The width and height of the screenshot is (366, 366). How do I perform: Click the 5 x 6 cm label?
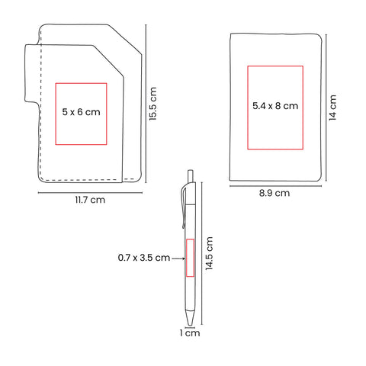(81, 112)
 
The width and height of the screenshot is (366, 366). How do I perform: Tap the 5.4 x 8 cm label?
(275, 106)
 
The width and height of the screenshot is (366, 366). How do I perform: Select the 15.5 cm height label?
(153, 104)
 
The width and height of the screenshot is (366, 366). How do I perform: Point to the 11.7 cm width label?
(90, 200)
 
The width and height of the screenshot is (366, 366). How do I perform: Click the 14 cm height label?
(332, 108)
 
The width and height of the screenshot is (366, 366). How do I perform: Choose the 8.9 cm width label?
(274, 193)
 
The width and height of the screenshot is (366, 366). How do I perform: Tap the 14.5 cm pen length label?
(209, 253)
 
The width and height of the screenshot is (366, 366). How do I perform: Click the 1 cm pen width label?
(190, 333)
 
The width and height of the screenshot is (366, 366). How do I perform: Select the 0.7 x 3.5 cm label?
(144, 258)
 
